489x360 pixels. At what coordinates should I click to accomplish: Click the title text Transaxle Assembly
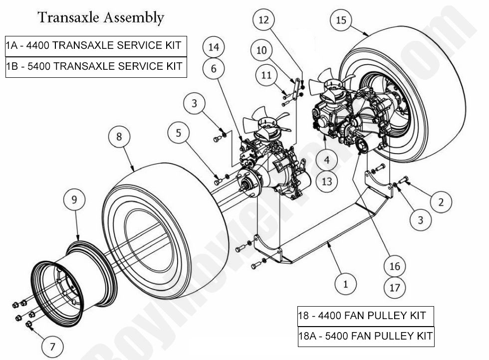click(x=101, y=17)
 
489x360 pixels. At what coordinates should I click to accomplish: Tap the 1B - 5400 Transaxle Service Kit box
click(x=96, y=66)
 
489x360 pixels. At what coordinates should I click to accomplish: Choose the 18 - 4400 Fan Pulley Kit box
click(x=365, y=316)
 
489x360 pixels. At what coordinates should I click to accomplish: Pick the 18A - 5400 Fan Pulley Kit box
click(x=365, y=336)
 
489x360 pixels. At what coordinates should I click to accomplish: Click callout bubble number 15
click(x=341, y=20)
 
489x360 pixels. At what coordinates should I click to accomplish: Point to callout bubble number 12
click(x=264, y=20)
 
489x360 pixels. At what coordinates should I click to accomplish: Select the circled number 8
click(x=120, y=137)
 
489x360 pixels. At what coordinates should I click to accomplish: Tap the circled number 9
click(x=74, y=201)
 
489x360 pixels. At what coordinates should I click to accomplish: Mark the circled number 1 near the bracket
click(x=345, y=284)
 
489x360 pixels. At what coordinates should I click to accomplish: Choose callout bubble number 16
click(x=395, y=266)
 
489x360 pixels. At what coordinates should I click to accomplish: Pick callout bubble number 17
click(x=395, y=287)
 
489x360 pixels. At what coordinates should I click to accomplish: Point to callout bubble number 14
click(x=214, y=47)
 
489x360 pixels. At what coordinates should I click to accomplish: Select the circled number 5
click(x=178, y=133)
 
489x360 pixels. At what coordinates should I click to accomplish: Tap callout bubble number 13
click(x=326, y=181)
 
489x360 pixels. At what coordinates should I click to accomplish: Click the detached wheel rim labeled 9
click(x=75, y=277)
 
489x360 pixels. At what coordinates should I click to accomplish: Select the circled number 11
click(x=266, y=76)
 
